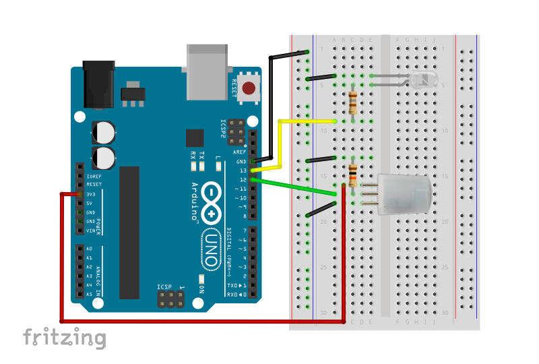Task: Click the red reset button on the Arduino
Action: [249, 88]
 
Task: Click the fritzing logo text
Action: [65, 337]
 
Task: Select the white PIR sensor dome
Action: [404, 194]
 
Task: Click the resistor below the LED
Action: [353, 102]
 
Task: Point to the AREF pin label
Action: [241, 152]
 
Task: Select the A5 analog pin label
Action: [90, 295]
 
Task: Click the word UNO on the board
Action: [212, 249]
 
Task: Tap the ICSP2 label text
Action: [224, 129]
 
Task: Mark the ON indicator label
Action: [201, 288]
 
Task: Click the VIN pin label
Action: [92, 231]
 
